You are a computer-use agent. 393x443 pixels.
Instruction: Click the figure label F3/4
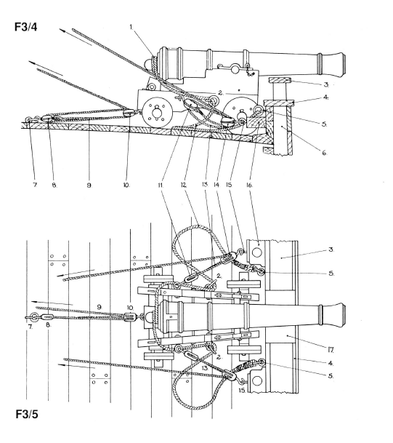pos(25,27)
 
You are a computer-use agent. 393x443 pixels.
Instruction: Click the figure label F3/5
pos(27,415)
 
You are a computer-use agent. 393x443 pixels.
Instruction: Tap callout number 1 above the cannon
pos(131,27)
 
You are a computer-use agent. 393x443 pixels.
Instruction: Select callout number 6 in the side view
pos(324,153)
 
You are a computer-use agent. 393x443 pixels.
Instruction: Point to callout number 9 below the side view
pos(89,185)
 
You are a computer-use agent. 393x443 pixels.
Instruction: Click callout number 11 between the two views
pos(161,185)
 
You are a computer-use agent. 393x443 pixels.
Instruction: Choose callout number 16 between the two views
pos(250,185)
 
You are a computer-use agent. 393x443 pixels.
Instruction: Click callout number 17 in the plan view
pos(331,351)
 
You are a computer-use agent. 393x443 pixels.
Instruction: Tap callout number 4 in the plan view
pos(331,363)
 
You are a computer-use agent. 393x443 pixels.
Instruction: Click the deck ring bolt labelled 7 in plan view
pos(34,317)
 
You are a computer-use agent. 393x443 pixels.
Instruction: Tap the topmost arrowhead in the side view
pos(62,31)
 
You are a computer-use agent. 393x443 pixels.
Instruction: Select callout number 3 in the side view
pos(326,84)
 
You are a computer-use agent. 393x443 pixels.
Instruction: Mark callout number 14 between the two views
pos(216,185)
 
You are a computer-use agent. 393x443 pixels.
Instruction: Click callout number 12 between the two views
pos(183,185)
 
